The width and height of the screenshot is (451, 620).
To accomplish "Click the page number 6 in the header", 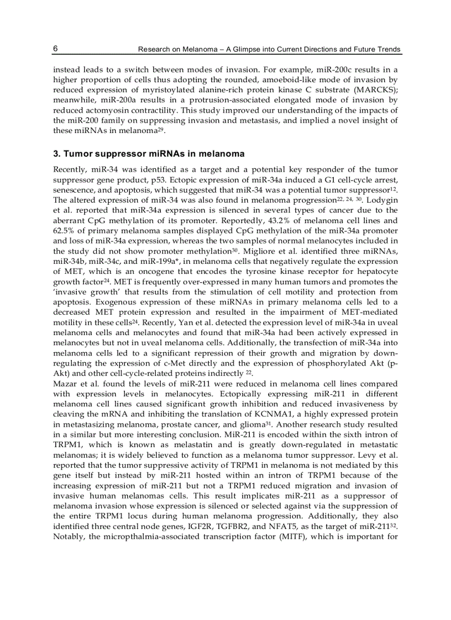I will coord(56,49).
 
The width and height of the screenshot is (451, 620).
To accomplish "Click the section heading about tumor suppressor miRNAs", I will coord(149,153).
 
